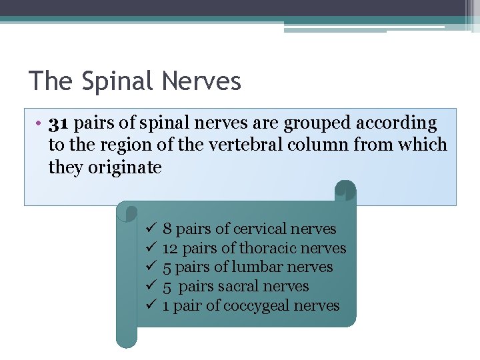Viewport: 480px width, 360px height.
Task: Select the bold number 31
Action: [x=59, y=123]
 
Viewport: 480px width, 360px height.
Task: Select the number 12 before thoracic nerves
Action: [x=170, y=248]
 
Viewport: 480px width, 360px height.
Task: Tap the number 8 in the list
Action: [x=167, y=229]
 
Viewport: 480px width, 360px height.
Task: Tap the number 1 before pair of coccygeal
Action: [x=166, y=306]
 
